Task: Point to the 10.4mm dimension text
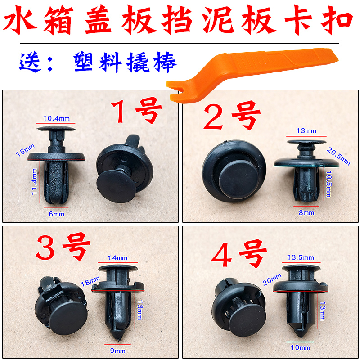click(56, 118)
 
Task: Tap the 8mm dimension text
click(309, 213)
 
